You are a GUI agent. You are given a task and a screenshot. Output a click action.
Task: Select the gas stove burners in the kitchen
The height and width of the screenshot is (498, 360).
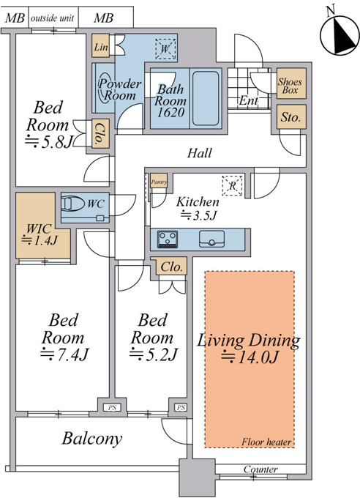(168, 239)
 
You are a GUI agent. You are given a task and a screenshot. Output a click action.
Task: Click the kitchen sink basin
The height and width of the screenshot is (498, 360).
(211, 239)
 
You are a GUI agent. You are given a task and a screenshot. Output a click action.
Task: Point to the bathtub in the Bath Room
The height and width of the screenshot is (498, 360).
(206, 98)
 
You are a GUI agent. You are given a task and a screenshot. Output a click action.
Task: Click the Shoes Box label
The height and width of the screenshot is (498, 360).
(290, 86)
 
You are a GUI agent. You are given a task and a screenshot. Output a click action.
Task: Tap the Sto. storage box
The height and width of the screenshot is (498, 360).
(291, 116)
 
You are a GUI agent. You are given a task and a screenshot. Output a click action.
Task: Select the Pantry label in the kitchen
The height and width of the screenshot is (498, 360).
(158, 182)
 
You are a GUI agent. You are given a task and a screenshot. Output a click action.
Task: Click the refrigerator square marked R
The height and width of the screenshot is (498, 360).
(233, 186)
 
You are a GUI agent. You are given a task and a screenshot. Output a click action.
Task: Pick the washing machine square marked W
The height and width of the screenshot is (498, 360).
(165, 49)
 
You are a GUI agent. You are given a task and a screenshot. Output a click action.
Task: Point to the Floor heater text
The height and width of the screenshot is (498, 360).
(266, 442)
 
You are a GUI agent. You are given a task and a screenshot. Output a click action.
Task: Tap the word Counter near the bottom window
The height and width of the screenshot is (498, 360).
(260, 469)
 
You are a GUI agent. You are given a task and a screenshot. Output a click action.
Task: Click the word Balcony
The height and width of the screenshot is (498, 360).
(92, 439)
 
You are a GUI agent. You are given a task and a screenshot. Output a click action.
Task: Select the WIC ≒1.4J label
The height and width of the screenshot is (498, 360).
(40, 234)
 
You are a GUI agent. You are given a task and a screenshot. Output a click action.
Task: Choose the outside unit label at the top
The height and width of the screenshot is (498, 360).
(52, 18)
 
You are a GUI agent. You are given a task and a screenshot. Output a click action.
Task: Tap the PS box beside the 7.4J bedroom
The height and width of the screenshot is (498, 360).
(112, 407)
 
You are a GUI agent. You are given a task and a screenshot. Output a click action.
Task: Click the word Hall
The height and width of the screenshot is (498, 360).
(199, 153)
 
